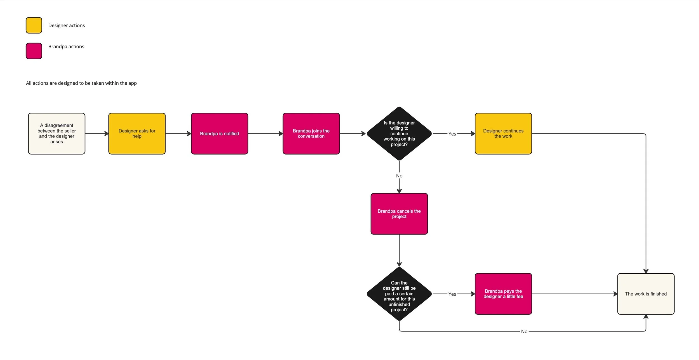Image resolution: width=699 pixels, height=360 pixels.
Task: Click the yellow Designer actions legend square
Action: point(34,25)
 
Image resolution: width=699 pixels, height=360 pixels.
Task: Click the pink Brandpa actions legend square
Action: point(34,51)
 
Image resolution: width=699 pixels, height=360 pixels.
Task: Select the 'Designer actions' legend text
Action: point(67,25)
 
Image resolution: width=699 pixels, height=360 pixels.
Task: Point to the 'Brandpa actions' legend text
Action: point(66,46)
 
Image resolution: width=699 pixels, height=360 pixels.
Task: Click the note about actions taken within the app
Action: point(81,83)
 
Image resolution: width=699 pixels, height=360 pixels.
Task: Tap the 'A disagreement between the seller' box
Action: point(57,134)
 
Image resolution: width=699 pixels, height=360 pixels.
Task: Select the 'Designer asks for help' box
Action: point(137,134)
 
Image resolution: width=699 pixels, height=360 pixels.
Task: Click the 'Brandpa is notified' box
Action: point(219,134)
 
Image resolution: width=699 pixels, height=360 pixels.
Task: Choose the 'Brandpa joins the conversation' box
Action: point(311,134)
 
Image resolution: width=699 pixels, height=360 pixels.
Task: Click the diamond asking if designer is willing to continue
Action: point(399,134)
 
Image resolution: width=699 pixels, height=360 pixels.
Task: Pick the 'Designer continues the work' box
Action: point(503,134)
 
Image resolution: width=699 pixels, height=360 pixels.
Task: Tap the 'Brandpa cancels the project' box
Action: point(399,214)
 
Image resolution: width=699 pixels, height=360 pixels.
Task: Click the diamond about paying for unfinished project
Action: point(399,294)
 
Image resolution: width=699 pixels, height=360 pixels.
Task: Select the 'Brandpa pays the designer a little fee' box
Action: point(503,294)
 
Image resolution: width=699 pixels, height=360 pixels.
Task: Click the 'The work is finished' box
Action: point(646,294)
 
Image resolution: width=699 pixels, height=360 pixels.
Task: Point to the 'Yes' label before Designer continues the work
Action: point(452,134)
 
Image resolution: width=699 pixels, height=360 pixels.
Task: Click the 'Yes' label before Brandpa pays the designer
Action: point(452,294)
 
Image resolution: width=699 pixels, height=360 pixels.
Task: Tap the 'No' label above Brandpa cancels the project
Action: point(399,176)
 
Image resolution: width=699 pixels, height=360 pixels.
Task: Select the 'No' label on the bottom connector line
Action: point(524,331)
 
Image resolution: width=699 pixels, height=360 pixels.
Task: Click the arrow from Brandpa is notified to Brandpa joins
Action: point(265,134)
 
